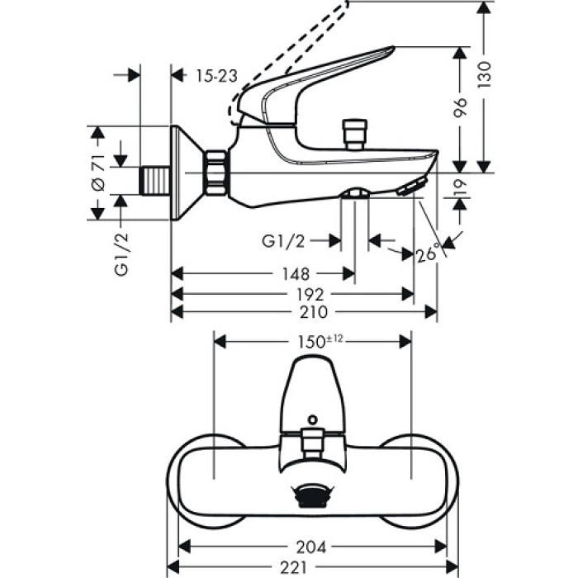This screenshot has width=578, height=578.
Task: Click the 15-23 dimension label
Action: [217, 76]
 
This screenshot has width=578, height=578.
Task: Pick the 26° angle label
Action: [428, 254]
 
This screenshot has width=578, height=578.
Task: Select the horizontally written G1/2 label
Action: [283, 240]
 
